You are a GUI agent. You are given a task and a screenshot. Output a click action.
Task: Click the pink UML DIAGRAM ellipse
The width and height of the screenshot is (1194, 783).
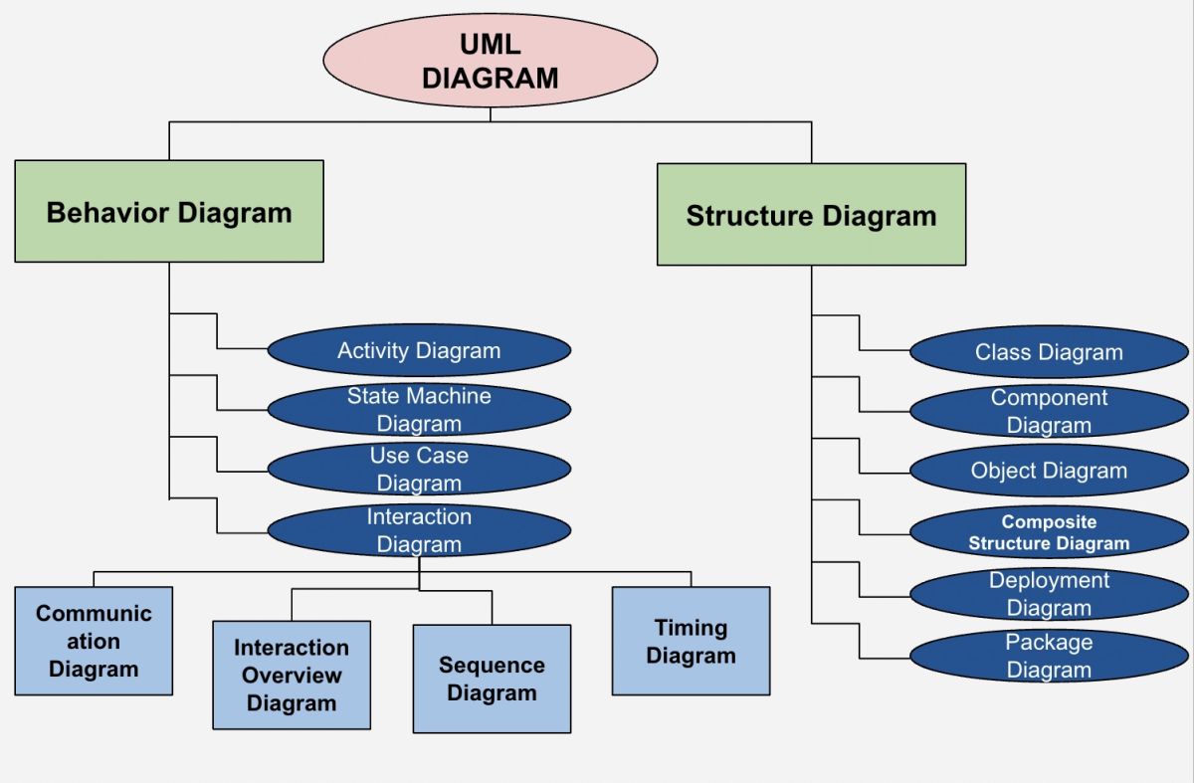[490, 61]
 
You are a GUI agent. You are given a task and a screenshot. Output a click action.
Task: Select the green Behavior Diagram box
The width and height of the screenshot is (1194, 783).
[169, 212]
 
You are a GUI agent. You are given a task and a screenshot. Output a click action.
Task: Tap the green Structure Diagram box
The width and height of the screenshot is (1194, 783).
[811, 215]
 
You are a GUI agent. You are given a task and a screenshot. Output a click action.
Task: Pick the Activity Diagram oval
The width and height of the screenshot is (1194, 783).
[419, 350]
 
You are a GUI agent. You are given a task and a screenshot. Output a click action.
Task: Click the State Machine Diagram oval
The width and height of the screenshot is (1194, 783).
[419, 410]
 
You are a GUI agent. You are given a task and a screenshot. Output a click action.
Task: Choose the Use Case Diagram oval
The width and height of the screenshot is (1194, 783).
[419, 470]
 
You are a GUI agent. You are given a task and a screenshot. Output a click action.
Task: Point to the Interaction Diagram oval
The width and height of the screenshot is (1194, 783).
[419, 530]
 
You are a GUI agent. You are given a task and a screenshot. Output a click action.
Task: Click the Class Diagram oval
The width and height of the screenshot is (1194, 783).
[1049, 352]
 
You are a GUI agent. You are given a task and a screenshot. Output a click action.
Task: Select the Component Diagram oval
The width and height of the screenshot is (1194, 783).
[1049, 412]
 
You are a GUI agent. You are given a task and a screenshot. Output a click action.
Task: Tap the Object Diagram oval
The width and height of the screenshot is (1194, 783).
[1049, 471]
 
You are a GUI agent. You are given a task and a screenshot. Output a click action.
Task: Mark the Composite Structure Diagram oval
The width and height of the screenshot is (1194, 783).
[1049, 532]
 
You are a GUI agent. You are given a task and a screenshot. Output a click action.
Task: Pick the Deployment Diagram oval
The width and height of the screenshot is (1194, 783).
[1049, 594]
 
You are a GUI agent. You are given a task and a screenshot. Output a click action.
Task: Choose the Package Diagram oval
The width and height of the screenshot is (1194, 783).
[1049, 656]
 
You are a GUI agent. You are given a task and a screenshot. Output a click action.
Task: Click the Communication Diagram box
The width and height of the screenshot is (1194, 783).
[94, 641]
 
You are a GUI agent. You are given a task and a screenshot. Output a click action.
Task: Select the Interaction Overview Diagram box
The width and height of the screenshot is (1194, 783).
[292, 675]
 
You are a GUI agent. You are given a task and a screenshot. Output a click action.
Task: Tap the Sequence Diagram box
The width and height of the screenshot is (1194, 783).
[492, 679]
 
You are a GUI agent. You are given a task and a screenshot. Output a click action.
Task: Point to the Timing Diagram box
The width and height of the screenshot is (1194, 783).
[691, 641]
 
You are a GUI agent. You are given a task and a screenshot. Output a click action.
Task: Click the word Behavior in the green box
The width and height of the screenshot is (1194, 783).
[108, 212]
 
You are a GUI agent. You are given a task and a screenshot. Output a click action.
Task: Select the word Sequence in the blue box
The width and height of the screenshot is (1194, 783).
[492, 665]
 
